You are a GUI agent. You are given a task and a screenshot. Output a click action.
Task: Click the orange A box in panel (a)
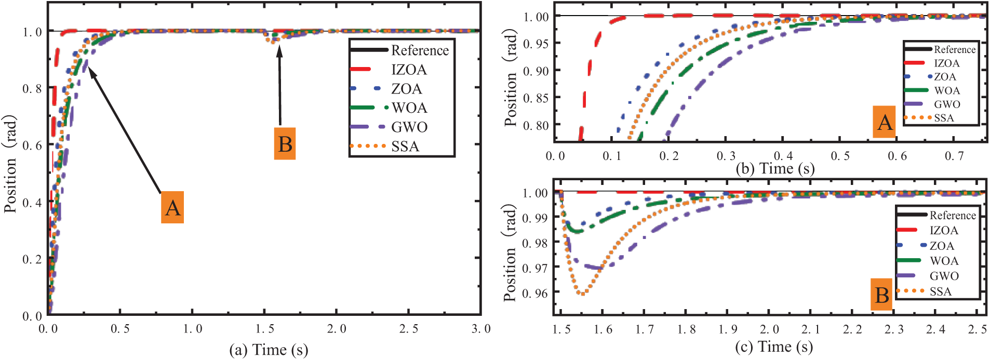[x=172, y=207]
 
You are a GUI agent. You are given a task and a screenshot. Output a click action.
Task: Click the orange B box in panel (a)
[x=285, y=143]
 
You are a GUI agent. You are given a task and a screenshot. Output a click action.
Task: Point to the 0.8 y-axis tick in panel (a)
[x=32, y=89]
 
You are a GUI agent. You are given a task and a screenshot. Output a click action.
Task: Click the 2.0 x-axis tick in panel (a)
[x=337, y=329]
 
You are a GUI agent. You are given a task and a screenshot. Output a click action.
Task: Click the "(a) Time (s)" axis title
[x=269, y=350]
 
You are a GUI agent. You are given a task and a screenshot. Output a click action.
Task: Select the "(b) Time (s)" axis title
[x=775, y=168]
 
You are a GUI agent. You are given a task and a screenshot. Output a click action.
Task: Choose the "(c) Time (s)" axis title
[x=774, y=346]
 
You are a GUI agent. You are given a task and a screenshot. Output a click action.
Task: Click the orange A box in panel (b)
[x=884, y=122]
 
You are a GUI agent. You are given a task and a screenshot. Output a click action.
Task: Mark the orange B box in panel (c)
[x=881, y=295]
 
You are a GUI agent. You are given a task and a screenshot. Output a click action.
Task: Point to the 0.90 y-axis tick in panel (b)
[x=536, y=71]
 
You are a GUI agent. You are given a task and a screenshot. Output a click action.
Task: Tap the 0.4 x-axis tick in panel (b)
[x=783, y=156]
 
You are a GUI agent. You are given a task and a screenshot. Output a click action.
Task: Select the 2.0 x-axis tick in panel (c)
[x=769, y=329]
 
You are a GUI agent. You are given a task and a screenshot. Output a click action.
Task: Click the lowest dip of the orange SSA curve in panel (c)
[x=583, y=294]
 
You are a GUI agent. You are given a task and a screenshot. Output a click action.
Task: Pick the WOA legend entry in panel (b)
[x=947, y=90]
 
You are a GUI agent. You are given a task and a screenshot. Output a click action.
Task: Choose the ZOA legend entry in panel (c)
[x=942, y=246]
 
